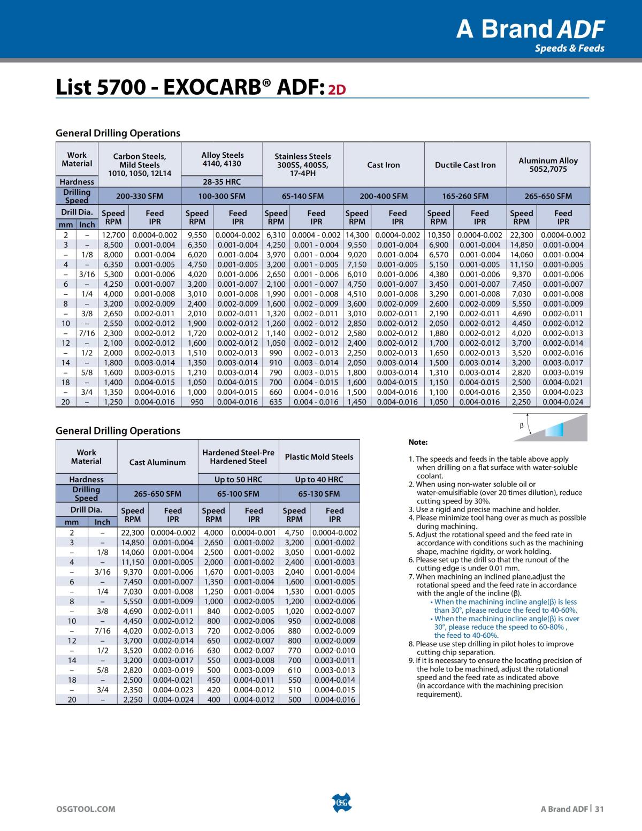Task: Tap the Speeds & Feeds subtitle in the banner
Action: click(570, 49)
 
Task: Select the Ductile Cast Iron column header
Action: click(465, 165)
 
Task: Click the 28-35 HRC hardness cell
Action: click(221, 182)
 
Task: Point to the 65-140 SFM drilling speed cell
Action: click(303, 196)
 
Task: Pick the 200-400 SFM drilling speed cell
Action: click(384, 196)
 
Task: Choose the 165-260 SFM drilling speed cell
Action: click(465, 196)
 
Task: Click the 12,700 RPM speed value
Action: click(113, 235)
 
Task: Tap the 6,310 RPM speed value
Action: click(276, 235)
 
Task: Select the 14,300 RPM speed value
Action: click(357, 235)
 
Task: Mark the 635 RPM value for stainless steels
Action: click(276, 402)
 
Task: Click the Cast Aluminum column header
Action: click(159, 462)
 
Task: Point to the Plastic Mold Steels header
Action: click(319, 457)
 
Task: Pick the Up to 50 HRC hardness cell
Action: click(238, 479)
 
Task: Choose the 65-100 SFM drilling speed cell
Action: click(238, 494)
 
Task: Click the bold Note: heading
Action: click(418, 443)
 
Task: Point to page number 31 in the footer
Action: click(599, 809)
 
